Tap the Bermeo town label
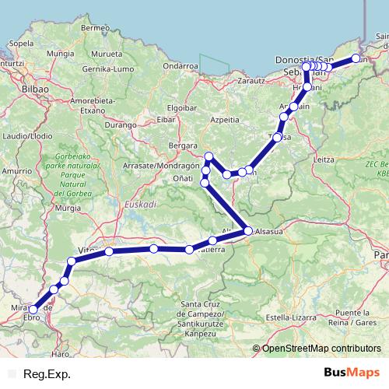pos(92,28)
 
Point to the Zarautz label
pos(250,79)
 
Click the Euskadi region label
pos(141,203)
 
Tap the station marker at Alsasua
pos(248,230)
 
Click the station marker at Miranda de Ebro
pos(33,310)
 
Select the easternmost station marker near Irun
pos(356,58)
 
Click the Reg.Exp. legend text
pos(47,374)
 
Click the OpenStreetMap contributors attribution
pos(321,349)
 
